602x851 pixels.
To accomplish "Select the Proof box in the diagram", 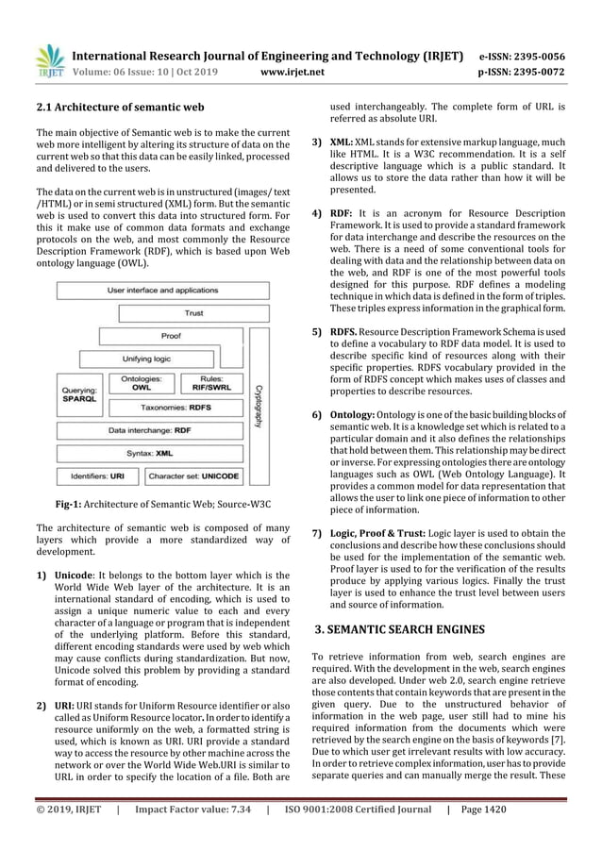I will (x=172, y=336).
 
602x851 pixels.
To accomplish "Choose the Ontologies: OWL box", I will (x=141, y=382).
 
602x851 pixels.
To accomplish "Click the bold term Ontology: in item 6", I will (x=355, y=415).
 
